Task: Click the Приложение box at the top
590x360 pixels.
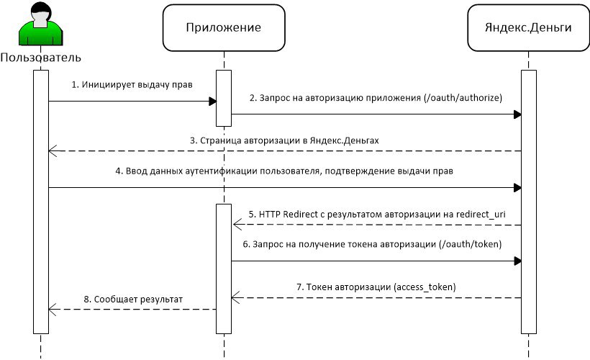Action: point(224,28)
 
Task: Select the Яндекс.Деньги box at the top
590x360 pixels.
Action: point(528,28)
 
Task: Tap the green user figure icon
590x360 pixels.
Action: point(40,24)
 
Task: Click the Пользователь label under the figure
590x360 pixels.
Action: point(40,58)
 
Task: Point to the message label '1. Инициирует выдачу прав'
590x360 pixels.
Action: point(132,85)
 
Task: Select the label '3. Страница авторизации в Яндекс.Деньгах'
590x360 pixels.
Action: point(284,140)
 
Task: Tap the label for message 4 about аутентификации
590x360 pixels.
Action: point(284,171)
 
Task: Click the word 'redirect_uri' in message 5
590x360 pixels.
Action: point(481,215)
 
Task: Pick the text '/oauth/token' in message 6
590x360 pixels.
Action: point(471,244)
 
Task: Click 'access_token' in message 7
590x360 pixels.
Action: point(425,287)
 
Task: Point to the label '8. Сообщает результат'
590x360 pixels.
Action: point(133,300)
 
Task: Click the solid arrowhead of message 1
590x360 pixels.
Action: point(212,102)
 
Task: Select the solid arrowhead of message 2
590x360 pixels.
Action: point(517,114)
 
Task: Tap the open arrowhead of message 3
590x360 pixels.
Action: point(53,151)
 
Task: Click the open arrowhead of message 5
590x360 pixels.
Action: point(237,225)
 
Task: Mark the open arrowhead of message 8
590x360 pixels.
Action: point(53,310)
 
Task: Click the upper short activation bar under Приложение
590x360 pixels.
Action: point(224,99)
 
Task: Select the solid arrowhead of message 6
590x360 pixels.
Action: point(517,261)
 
